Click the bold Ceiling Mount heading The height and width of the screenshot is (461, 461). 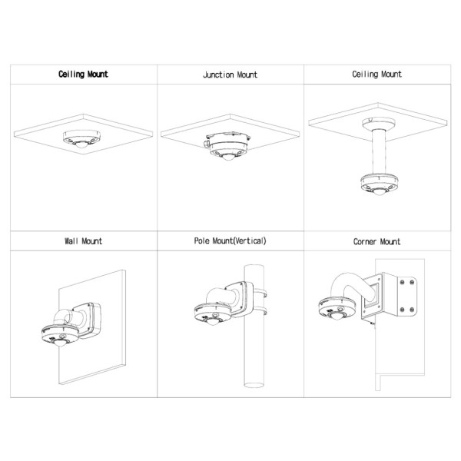click(x=83, y=74)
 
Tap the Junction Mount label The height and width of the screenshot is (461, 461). click(x=230, y=75)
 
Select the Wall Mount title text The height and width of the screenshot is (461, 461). click(x=84, y=241)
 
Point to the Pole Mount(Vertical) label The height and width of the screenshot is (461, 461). click(x=230, y=240)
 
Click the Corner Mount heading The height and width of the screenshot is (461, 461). click(x=377, y=242)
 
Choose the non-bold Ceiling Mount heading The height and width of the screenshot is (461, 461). click(x=377, y=74)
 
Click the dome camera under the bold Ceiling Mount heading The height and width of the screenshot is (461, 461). click(x=81, y=139)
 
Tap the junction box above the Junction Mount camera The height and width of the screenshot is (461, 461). click(x=227, y=141)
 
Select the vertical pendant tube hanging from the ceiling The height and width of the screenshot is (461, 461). click(x=379, y=152)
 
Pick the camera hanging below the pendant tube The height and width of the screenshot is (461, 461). click(x=379, y=184)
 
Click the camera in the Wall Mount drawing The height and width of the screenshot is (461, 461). click(x=61, y=335)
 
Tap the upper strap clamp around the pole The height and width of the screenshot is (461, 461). click(x=260, y=293)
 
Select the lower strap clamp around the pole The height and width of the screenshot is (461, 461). click(x=260, y=310)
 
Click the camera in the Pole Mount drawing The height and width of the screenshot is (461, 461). click(x=213, y=314)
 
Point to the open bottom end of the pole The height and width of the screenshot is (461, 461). click(x=254, y=385)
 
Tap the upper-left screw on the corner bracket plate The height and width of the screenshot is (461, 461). click(x=402, y=283)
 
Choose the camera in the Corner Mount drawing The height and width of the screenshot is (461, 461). click(x=337, y=309)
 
